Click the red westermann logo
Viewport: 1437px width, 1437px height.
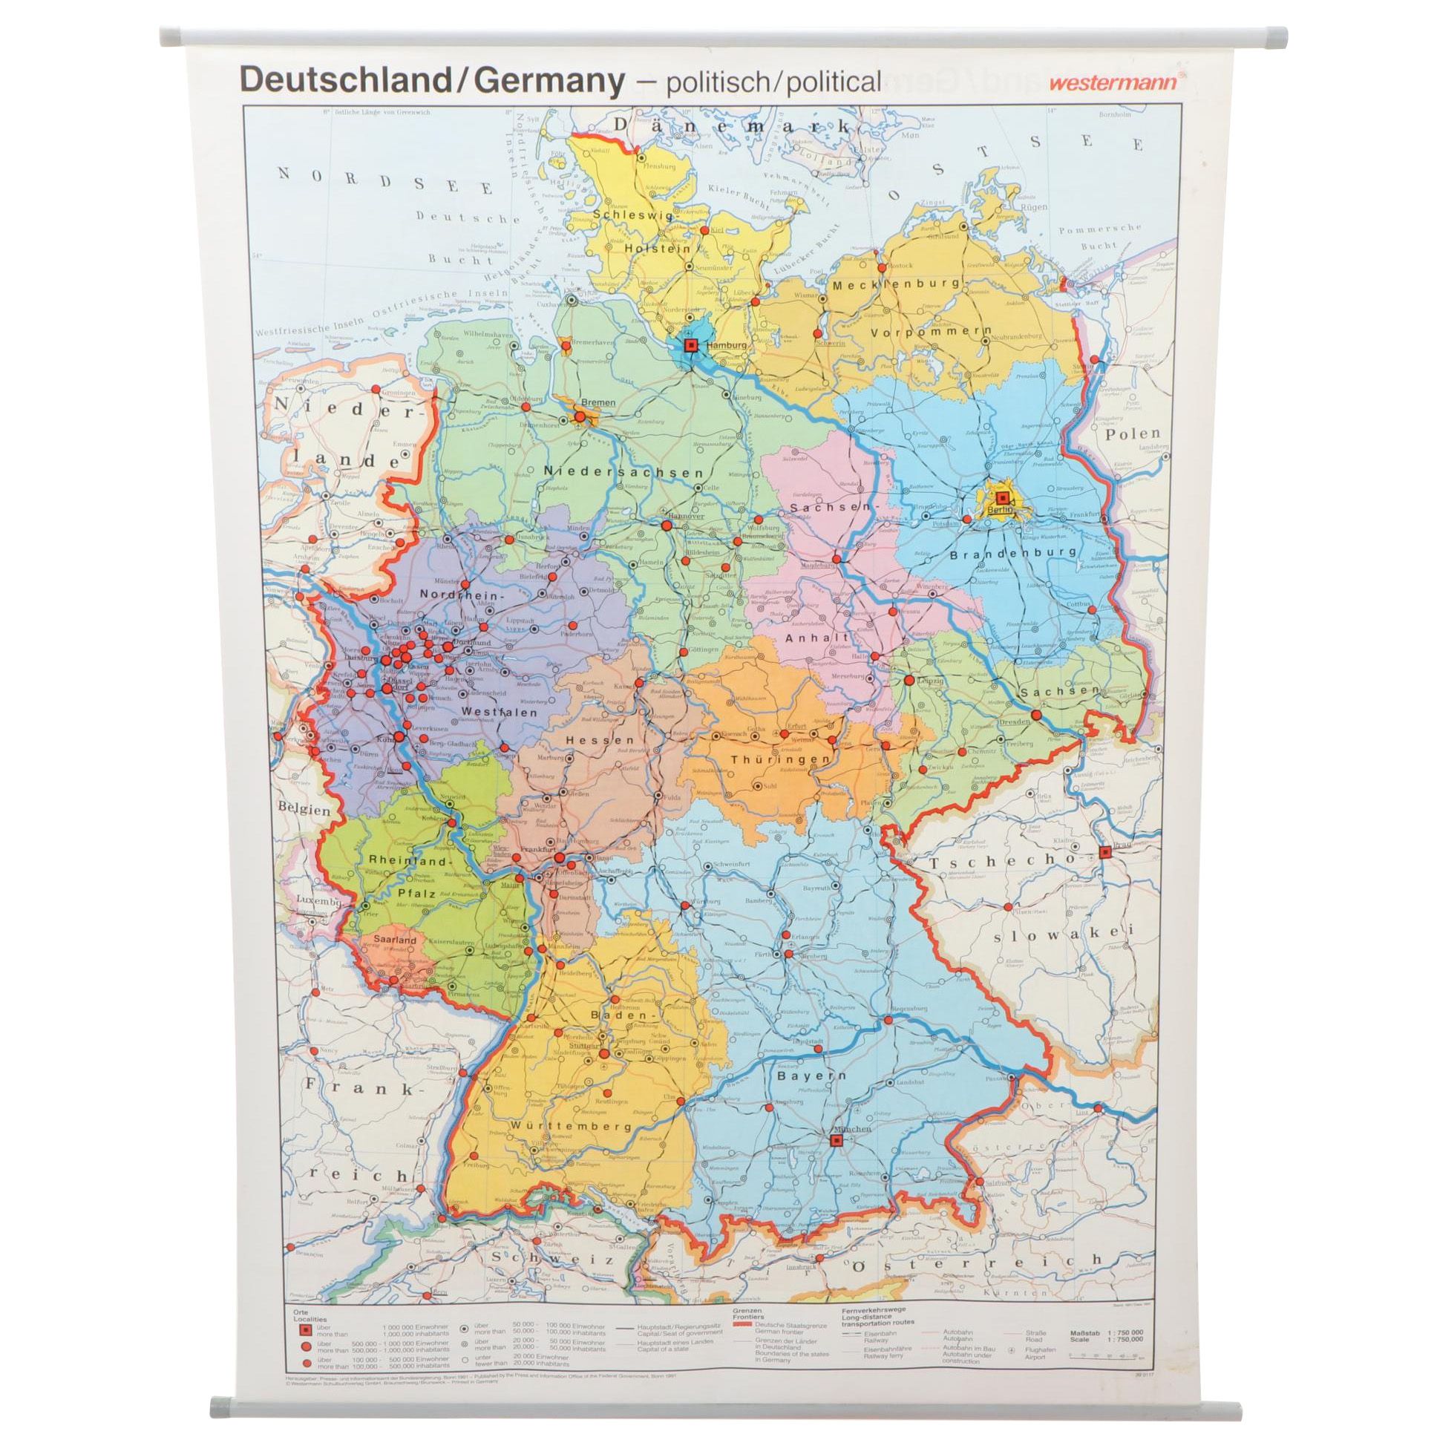coord(1113,83)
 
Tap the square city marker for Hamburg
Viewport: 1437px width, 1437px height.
coord(691,345)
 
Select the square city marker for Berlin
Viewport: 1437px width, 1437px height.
coord(1003,497)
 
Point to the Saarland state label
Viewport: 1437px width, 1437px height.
coord(395,940)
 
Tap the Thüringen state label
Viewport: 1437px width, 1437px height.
coord(779,759)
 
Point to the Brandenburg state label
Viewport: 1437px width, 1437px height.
coord(1013,552)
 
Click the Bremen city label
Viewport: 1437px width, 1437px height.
coord(598,402)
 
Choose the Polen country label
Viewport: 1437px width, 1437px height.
coord(1132,433)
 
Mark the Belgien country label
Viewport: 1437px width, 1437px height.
coord(305,809)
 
